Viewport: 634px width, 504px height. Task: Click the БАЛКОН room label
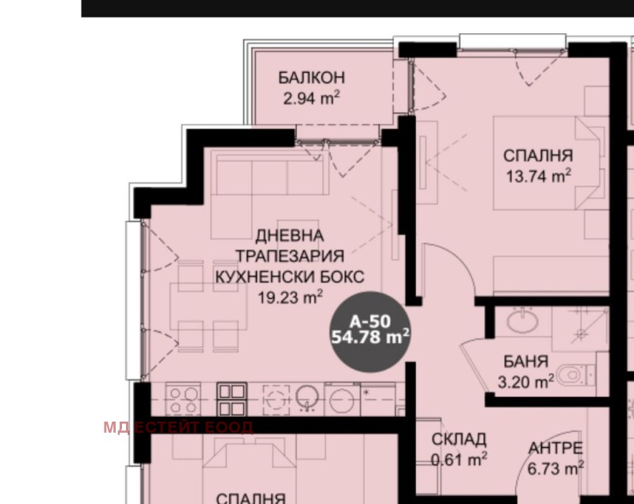coord(311,78)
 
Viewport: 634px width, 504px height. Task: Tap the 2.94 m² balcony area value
coord(311,98)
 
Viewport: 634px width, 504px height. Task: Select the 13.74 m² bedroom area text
coord(539,176)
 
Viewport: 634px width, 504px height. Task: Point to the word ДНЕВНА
coord(290,235)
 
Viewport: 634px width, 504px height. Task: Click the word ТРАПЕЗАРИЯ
coord(290,256)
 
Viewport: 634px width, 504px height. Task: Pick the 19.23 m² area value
coord(290,297)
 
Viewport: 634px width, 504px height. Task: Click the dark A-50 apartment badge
coord(370,331)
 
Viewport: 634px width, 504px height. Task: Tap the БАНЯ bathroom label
coord(525,361)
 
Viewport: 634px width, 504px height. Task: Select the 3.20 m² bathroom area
coord(525,381)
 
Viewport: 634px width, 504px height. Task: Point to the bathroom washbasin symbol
coord(522,321)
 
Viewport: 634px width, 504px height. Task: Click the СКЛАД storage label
coord(459,439)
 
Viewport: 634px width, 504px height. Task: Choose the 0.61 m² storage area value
coord(459,460)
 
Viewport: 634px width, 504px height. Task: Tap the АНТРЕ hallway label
coord(556,449)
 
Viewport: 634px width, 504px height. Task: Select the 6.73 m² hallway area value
coord(556,469)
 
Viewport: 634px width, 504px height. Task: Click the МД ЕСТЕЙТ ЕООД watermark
coord(178,427)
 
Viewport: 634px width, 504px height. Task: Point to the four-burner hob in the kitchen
coord(183,399)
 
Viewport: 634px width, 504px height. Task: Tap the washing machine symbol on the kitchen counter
coord(342,399)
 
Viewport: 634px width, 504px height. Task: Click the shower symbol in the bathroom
coord(581,329)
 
